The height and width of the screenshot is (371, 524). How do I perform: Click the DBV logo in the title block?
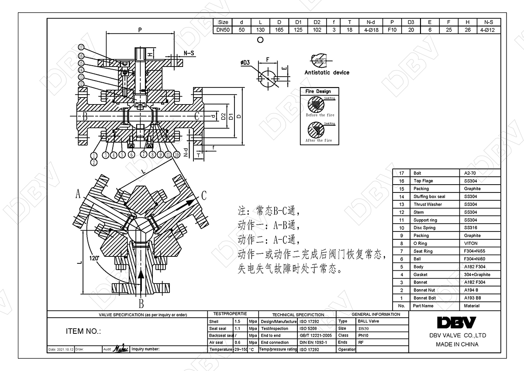pos(457,322)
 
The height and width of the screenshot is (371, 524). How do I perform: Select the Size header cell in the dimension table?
pos(223,22)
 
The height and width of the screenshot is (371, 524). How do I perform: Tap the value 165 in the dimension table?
pos(279,30)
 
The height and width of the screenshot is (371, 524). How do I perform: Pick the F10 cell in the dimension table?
pos(392,30)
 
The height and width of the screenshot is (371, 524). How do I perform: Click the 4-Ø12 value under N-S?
pos(486,30)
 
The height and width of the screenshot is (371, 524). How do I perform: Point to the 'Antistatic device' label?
pos(327,73)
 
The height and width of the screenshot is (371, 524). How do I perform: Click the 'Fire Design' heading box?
pos(318,91)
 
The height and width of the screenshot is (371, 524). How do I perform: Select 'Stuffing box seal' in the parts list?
pos(429,196)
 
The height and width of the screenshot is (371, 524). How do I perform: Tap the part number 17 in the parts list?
pos(402,173)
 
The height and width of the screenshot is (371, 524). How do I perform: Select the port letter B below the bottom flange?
pos(141,304)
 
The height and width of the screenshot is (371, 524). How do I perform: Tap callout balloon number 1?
pos(93,155)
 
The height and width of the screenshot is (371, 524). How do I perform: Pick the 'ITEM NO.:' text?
pos(83,331)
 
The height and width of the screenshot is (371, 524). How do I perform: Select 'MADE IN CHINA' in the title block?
pos(457,344)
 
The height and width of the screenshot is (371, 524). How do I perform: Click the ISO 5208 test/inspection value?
pos(309,328)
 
